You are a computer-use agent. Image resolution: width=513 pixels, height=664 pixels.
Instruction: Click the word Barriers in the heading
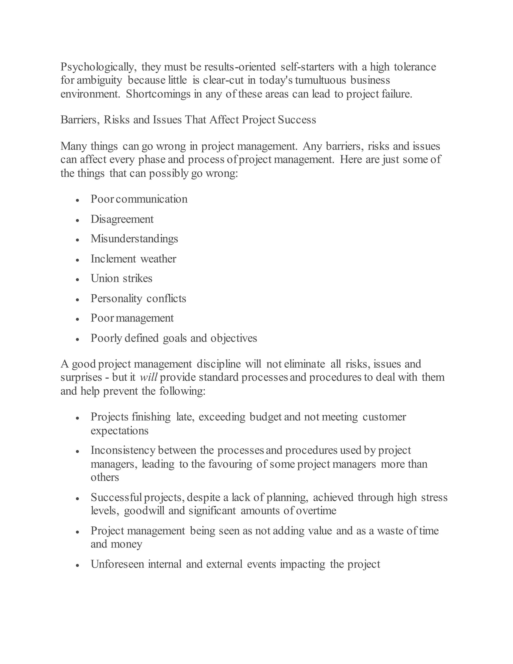(80, 120)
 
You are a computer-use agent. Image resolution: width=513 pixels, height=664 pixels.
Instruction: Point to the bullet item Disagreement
(122, 219)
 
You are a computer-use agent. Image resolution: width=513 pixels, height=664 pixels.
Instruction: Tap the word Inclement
(113, 259)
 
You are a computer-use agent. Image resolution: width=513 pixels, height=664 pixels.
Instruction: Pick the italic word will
(148, 378)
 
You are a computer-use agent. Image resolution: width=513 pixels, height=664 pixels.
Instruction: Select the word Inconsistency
(123, 450)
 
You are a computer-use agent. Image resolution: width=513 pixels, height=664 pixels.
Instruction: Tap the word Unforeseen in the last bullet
(117, 564)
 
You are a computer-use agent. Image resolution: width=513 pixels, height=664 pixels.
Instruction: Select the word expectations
(119, 431)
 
